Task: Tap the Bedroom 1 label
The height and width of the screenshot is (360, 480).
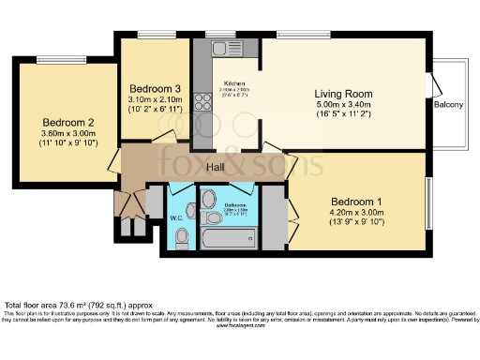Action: tap(356, 200)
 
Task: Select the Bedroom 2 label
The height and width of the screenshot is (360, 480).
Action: tap(67, 122)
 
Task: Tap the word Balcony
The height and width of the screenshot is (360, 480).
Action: tap(448, 105)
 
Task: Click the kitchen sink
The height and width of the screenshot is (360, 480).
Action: tap(222, 47)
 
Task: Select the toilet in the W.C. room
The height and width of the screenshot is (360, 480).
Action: tap(181, 236)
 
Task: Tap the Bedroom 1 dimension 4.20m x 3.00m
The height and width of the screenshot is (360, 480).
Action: tap(356, 212)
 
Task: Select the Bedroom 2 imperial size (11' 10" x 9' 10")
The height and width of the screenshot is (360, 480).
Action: tap(67, 145)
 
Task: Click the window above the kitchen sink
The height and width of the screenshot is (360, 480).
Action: tap(223, 36)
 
